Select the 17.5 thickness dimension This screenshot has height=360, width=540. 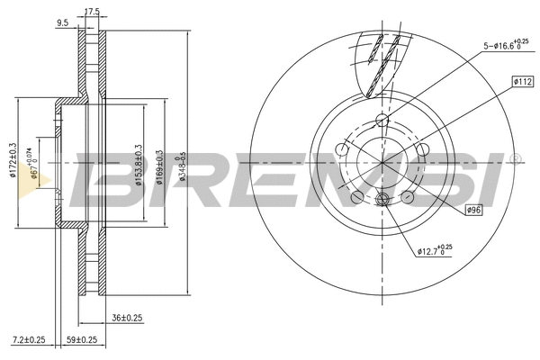(x=91, y=12)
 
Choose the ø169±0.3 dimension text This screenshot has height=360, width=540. (x=159, y=164)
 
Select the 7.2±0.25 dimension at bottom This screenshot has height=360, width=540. (x=29, y=339)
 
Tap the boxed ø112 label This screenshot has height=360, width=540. (x=524, y=81)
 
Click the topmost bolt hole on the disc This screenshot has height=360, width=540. (x=381, y=121)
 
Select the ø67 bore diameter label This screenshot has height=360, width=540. (x=33, y=165)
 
